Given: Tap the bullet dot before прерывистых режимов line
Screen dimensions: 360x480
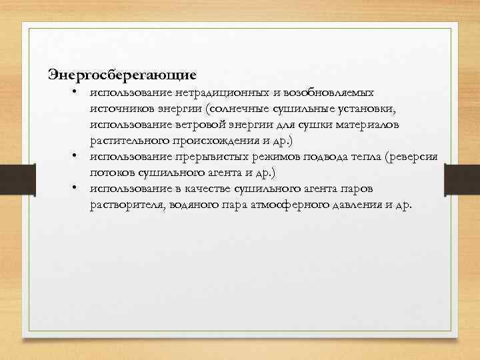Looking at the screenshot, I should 77,156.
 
